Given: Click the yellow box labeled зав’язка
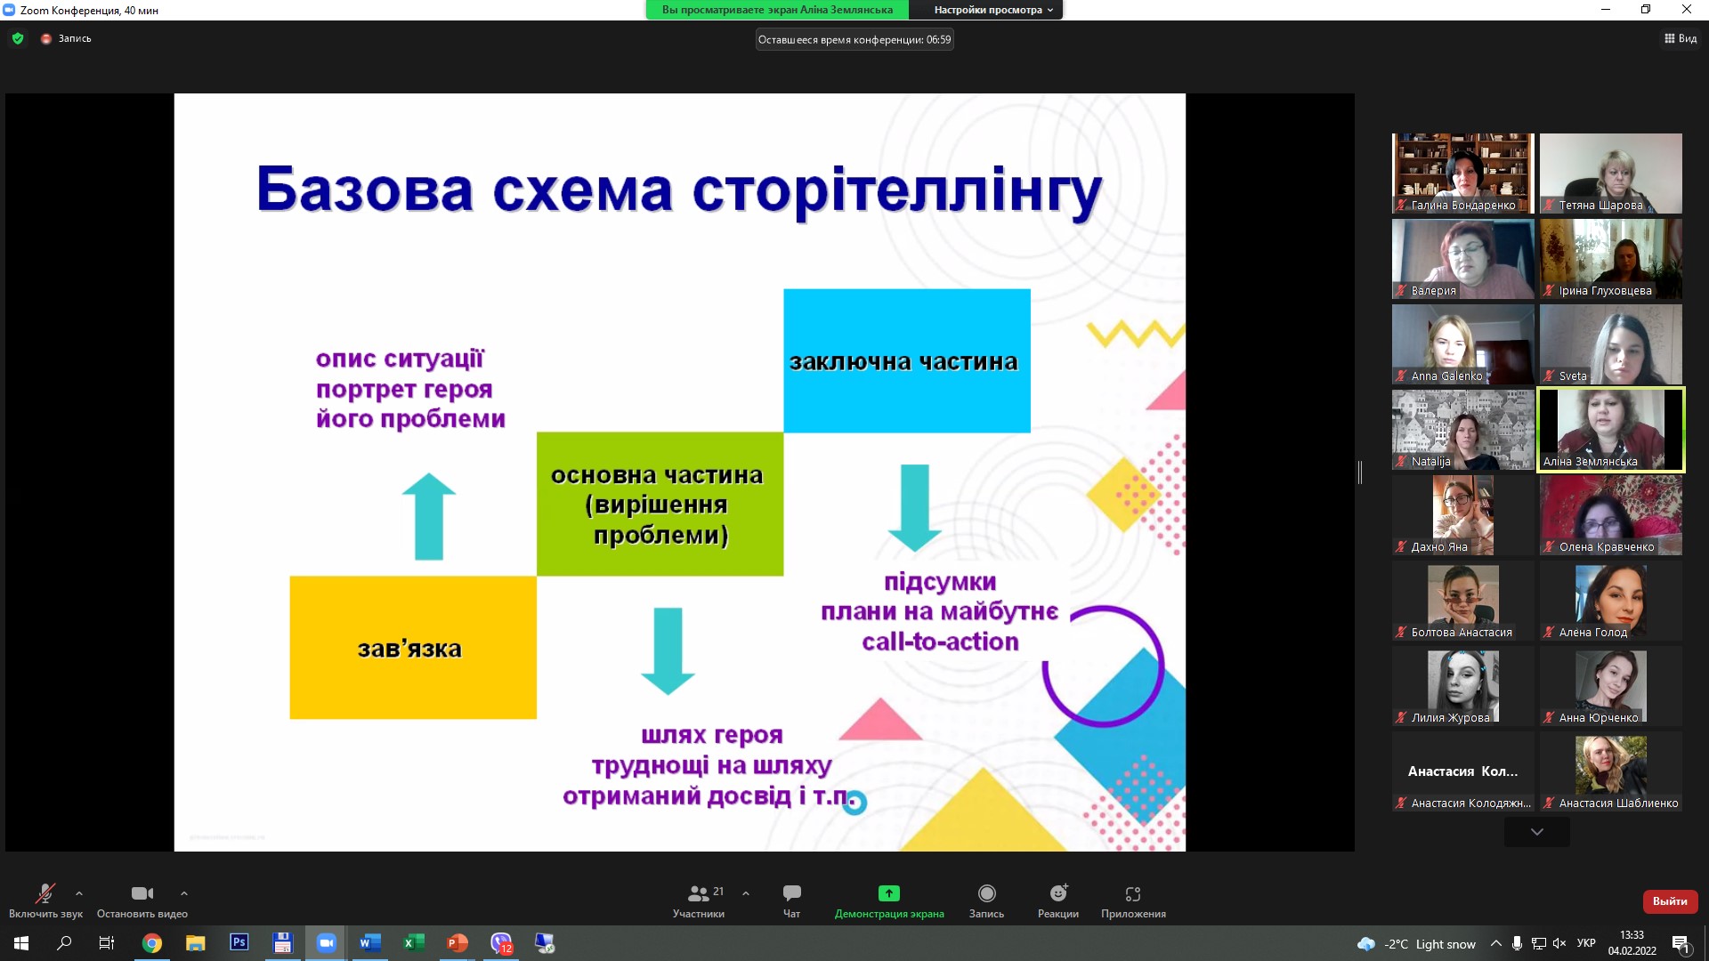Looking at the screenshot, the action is click(413, 647).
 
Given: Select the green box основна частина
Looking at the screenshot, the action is click(660, 504).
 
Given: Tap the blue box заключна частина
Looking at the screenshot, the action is click(907, 360).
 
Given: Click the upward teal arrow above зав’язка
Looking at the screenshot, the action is click(429, 516).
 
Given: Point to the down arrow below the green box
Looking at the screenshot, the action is click(668, 651).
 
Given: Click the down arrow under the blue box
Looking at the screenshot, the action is click(915, 508).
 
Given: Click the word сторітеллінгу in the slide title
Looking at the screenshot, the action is click(897, 190).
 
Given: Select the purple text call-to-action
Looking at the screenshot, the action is click(940, 642).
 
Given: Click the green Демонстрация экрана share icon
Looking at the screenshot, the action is click(889, 892).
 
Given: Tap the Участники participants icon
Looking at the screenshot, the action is click(699, 892).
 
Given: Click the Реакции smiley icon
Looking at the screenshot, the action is click(1058, 892).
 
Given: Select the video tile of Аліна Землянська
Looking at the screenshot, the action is click(1611, 430).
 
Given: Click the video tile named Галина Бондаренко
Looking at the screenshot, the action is click(1463, 174).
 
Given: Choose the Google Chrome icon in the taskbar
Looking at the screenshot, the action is click(152, 943).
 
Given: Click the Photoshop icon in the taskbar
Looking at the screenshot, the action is click(239, 942).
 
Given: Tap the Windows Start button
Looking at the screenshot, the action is click(21, 943).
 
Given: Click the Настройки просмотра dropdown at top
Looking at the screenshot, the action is click(992, 10).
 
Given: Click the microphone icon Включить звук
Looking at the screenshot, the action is click(45, 892).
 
